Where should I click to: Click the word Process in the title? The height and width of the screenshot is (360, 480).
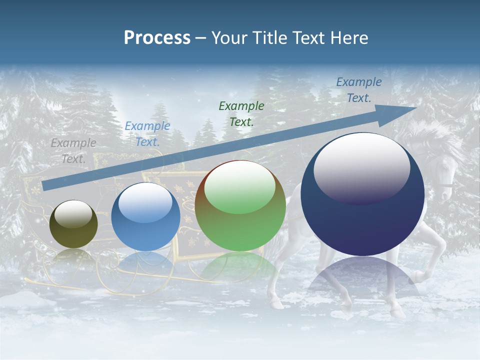[157, 38]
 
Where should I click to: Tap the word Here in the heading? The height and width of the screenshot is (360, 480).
[349, 38]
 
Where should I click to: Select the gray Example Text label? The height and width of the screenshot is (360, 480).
[73, 150]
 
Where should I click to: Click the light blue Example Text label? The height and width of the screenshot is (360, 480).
[147, 133]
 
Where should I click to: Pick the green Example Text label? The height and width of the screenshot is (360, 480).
[241, 113]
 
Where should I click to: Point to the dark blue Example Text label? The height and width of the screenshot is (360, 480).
[358, 90]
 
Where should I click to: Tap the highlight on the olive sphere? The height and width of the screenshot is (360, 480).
[73, 214]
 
